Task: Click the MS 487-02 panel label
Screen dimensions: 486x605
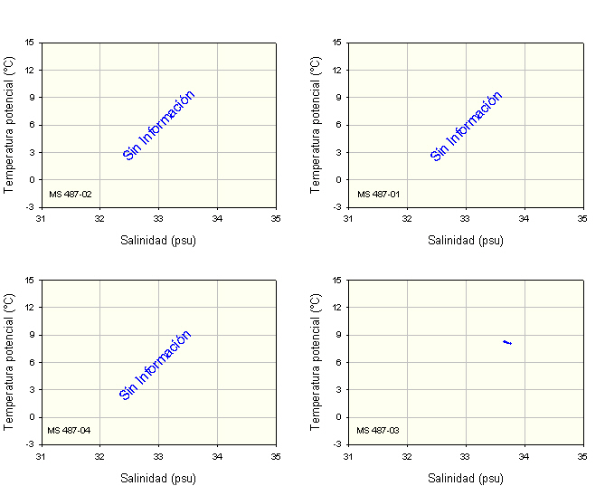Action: point(70,194)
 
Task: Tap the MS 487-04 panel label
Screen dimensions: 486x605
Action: point(70,430)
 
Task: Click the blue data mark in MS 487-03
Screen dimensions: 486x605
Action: point(507,342)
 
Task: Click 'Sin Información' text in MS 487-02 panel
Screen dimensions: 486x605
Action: point(158,125)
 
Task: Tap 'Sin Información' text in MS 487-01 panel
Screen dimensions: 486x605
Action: point(466,126)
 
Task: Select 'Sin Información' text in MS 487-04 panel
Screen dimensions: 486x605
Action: point(156,364)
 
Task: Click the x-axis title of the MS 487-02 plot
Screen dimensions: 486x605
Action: point(158,241)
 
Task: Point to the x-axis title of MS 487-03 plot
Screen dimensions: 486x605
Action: point(466,478)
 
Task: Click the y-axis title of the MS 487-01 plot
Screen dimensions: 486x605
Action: point(316,124)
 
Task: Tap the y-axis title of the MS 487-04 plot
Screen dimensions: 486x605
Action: point(8,361)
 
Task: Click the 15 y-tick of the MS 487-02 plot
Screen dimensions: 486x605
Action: point(30,42)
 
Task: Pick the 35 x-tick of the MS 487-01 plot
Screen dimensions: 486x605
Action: point(583,218)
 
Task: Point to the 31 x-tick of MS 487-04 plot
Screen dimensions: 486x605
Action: point(41,455)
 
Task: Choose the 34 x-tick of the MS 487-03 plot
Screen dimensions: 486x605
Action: point(525,455)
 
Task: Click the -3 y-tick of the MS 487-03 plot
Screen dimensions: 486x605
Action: point(336,444)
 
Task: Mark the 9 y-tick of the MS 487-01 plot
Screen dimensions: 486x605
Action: point(337,97)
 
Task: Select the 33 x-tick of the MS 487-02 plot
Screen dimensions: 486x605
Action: point(158,218)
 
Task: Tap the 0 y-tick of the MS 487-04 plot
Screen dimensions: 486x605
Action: point(31,417)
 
